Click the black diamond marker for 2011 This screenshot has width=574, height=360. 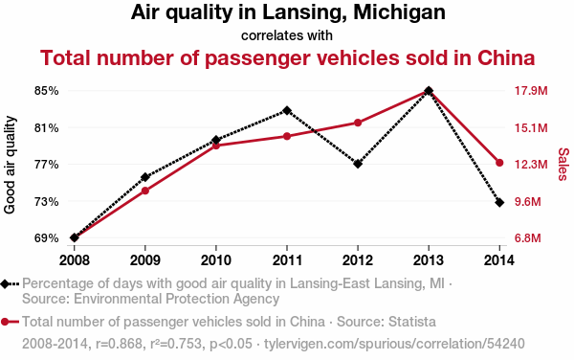(287, 110)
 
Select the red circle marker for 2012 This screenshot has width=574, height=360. (358, 123)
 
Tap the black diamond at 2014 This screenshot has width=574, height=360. (499, 202)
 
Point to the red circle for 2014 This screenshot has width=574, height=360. (499, 163)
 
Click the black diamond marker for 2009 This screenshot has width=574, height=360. (145, 177)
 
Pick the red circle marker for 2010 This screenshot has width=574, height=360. (216, 146)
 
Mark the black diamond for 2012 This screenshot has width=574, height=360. (358, 164)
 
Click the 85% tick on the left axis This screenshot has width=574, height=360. (47, 90)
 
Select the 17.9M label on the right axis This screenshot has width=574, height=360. (531, 90)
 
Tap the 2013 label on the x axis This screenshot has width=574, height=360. (429, 260)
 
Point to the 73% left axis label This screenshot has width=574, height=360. (47, 201)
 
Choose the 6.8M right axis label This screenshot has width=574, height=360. (528, 238)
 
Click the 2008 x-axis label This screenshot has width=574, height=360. (75, 260)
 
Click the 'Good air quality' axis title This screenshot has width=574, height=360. (10, 165)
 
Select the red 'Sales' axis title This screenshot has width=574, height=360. (563, 164)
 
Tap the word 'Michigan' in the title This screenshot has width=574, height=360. (399, 12)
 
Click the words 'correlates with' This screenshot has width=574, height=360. (287, 35)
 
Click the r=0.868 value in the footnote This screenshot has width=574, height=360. (119, 344)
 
